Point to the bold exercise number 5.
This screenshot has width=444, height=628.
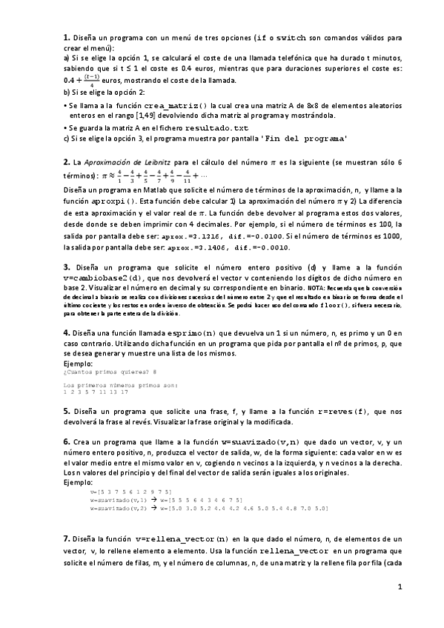tap(67, 411)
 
